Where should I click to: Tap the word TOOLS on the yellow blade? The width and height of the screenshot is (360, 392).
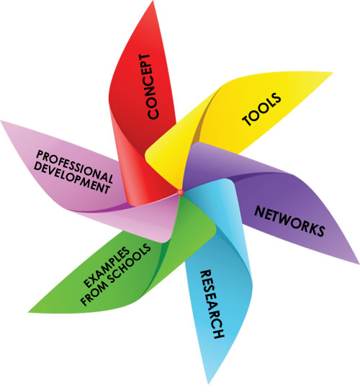[261, 109]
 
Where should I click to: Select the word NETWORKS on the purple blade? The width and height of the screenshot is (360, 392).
[289, 221]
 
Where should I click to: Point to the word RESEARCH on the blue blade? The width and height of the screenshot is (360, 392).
[212, 304]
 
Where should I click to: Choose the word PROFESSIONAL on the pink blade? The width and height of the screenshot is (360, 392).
[74, 166]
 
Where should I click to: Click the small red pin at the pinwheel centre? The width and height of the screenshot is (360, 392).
[181, 192]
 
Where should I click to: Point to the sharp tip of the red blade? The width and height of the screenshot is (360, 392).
[153, 1]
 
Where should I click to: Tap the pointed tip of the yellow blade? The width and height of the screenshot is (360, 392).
[333, 73]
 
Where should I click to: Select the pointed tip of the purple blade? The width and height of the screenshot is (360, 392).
[359, 263]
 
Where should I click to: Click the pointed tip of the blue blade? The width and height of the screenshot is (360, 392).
[208, 384]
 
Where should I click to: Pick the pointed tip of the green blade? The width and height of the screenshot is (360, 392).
[29, 312]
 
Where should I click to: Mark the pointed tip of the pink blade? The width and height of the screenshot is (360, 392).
[1, 122]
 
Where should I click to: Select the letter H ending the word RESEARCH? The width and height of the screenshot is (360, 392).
[219, 334]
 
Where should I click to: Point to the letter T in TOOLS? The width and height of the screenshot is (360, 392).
[247, 120]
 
